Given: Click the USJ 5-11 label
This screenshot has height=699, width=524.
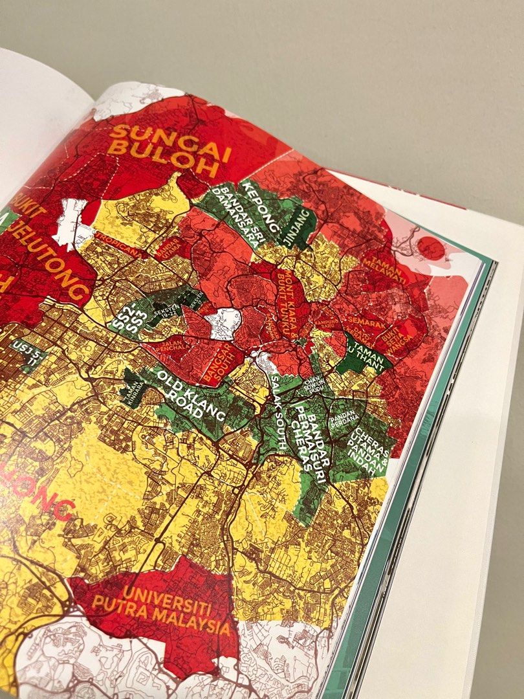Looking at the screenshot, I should (26, 353).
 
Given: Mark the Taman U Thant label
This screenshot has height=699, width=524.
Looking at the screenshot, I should (367, 354).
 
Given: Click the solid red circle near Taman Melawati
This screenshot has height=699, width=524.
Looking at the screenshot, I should (431, 249).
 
